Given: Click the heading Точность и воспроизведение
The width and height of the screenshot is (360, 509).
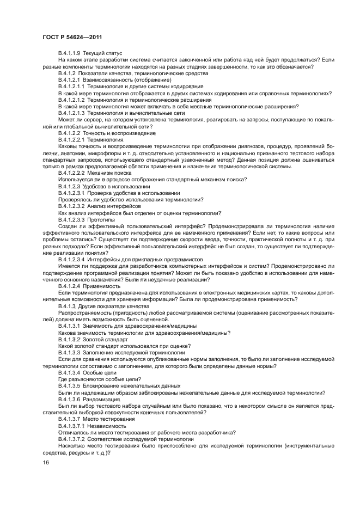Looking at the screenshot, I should pyautogui.click(x=119, y=133).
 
